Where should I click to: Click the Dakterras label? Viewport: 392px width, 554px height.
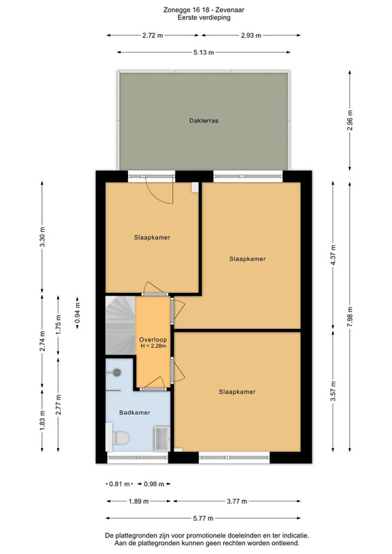(204, 120)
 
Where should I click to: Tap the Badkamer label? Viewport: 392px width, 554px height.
(134, 412)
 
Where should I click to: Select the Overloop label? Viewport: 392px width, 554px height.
(153, 340)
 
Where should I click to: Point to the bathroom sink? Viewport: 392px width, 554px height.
(162, 439)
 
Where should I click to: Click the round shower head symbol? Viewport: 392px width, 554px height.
(116, 372)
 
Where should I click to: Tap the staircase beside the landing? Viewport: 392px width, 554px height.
(121, 325)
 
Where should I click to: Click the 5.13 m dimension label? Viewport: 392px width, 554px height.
(204, 53)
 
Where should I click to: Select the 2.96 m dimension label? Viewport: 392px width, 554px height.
(350, 120)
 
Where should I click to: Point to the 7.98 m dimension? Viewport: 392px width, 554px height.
(350, 316)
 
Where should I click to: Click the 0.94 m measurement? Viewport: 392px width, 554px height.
(78, 312)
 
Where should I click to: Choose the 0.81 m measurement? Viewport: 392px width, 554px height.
(120, 483)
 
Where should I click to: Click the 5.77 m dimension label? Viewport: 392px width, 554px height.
(203, 518)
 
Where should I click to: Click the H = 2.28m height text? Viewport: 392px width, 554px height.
(153, 346)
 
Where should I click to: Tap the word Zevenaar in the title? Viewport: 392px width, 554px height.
(230, 10)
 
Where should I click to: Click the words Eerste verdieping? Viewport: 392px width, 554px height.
(204, 17)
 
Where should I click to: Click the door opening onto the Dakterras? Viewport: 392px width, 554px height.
(160, 191)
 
